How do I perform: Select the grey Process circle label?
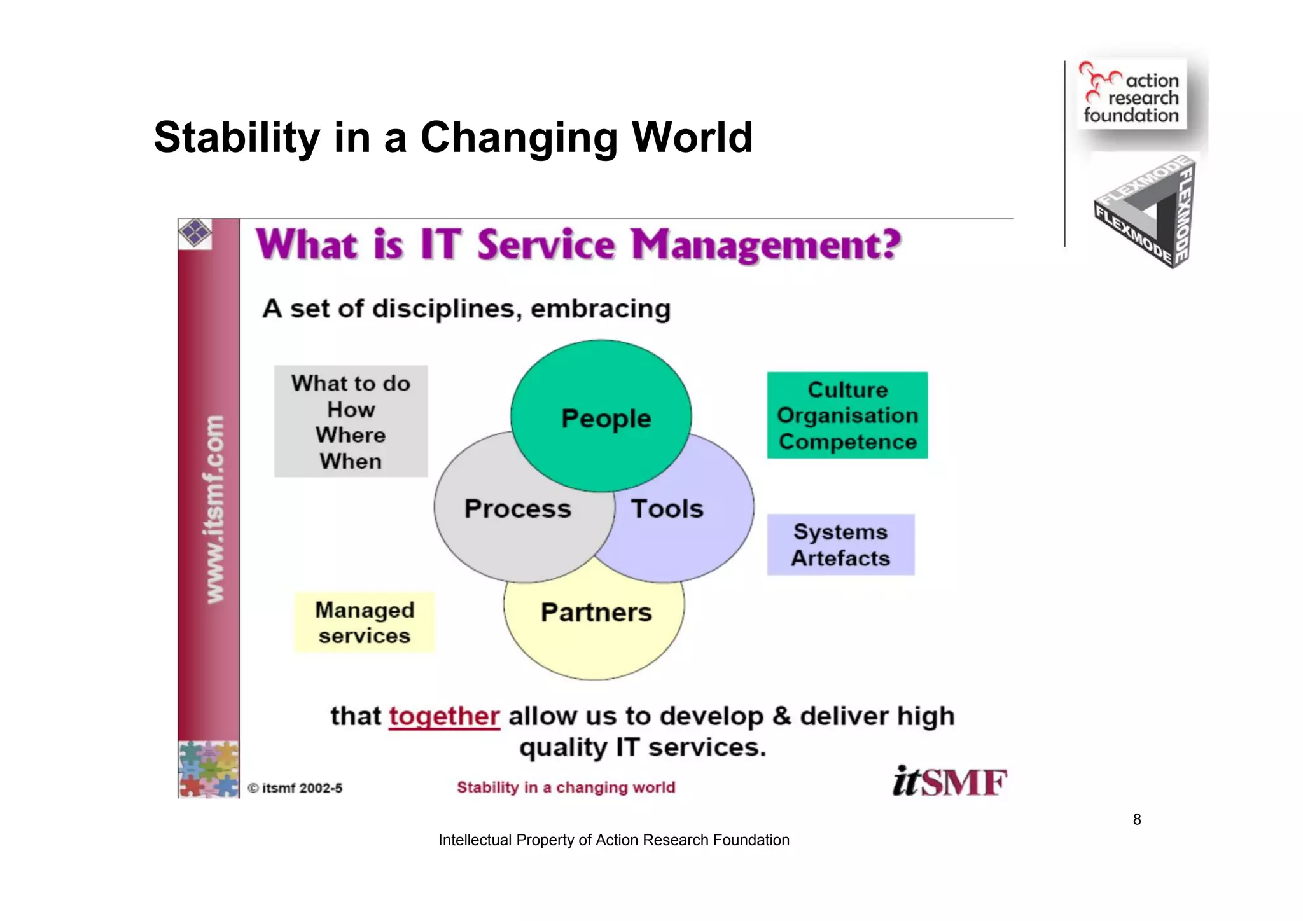point(517,509)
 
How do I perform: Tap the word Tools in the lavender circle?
point(667,509)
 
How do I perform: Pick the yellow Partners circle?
point(596,613)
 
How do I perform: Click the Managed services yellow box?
point(365,623)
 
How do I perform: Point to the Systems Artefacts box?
point(840,545)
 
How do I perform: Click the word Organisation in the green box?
point(847,415)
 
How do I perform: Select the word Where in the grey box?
point(351,435)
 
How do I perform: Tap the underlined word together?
point(444,716)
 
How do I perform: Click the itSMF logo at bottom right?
point(949,782)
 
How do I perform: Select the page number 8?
point(1137,819)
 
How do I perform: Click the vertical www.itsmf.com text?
point(214,509)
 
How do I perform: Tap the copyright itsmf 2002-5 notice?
point(295,788)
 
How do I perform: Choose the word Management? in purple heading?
point(766,246)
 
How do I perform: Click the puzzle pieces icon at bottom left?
point(209,769)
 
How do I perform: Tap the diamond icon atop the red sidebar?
point(195,233)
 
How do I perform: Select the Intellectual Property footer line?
point(613,840)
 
